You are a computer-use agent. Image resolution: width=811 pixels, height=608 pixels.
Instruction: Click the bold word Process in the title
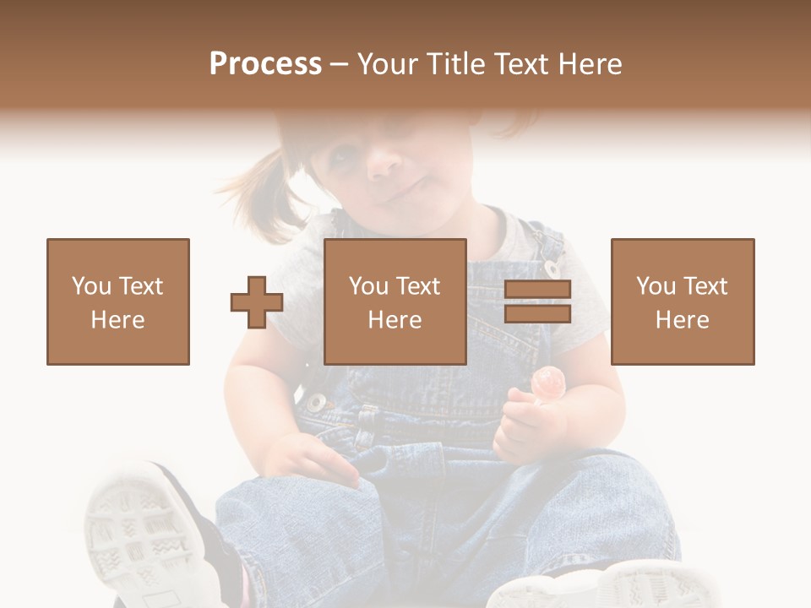265,64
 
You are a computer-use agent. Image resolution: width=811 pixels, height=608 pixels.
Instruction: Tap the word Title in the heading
457,64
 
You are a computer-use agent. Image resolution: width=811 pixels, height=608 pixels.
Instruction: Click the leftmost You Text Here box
118,301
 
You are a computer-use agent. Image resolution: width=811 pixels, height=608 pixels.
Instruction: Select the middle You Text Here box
395,301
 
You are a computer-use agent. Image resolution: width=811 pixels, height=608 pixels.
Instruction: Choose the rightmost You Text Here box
682,301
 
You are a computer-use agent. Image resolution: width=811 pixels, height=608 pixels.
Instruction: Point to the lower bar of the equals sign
537,314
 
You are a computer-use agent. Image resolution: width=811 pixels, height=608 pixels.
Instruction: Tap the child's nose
385,160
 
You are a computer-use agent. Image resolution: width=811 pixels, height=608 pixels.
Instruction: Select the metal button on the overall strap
552,269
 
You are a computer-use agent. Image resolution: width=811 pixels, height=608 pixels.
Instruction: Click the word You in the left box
91,286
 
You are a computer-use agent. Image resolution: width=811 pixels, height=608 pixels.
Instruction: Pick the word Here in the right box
682,320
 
